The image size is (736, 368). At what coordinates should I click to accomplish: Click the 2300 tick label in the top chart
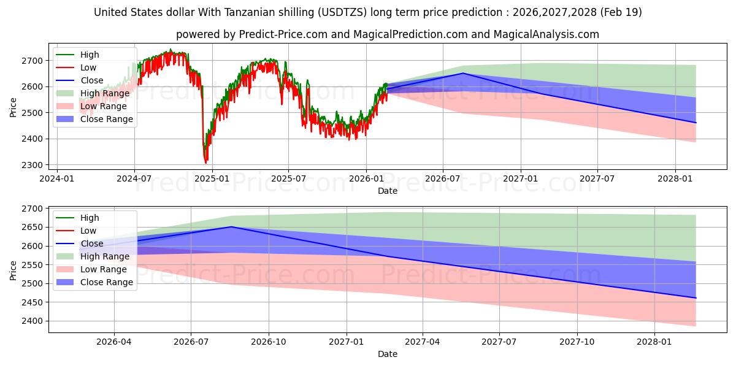pyautogui.click(x=32, y=165)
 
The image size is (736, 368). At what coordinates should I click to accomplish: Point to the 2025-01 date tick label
pyautogui.click(x=212, y=178)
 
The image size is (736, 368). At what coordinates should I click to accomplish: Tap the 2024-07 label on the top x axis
pyautogui.click(x=134, y=178)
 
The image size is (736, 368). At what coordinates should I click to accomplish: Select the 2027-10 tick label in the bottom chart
pyautogui.click(x=577, y=342)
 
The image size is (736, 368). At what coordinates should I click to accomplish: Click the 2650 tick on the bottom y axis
pyautogui.click(x=32, y=227)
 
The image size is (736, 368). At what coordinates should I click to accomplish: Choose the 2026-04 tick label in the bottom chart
pyautogui.click(x=113, y=342)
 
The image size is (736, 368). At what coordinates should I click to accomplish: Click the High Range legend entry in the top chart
pyautogui.click(x=93, y=93)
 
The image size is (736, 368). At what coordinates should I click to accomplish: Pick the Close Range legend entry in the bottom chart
pyautogui.click(x=94, y=282)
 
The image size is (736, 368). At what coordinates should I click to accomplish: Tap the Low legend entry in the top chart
pyautogui.click(x=76, y=67)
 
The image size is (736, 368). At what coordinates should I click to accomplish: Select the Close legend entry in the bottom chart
pyautogui.click(x=80, y=243)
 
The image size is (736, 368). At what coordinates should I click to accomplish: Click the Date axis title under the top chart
pyautogui.click(x=388, y=191)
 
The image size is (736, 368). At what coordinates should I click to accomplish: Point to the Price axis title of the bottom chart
pyautogui.click(x=13, y=270)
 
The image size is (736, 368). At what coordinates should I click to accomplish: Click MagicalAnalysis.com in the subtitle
pyautogui.click(x=546, y=34)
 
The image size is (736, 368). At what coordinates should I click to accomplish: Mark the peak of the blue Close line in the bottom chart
pyautogui.click(x=232, y=227)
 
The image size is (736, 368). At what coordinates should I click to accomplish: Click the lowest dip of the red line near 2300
pyautogui.click(x=206, y=163)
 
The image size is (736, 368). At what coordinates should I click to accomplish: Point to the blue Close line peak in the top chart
pyautogui.click(x=463, y=73)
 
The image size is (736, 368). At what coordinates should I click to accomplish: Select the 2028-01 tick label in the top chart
pyautogui.click(x=675, y=178)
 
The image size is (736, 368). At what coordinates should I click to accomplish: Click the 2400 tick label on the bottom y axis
pyautogui.click(x=32, y=321)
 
